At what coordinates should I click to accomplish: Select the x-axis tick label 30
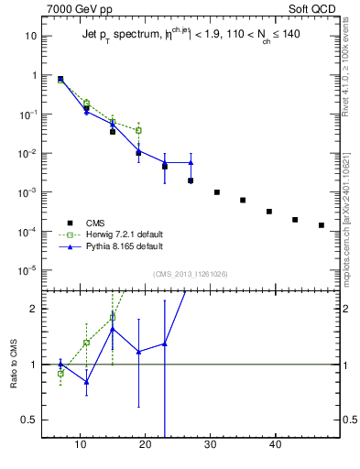pos(211,444)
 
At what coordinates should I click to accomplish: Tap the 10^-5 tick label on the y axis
pos(27,270)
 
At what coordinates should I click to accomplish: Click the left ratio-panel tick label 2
pos(32,309)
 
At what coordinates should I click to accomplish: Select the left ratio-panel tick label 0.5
pos(29,420)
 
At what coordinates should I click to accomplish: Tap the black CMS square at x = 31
pos(217,192)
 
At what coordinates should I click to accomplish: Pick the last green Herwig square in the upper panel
pos(138,130)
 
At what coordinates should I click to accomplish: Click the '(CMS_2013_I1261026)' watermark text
pos(191,274)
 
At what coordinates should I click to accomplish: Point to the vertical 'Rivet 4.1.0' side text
pos(352,64)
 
